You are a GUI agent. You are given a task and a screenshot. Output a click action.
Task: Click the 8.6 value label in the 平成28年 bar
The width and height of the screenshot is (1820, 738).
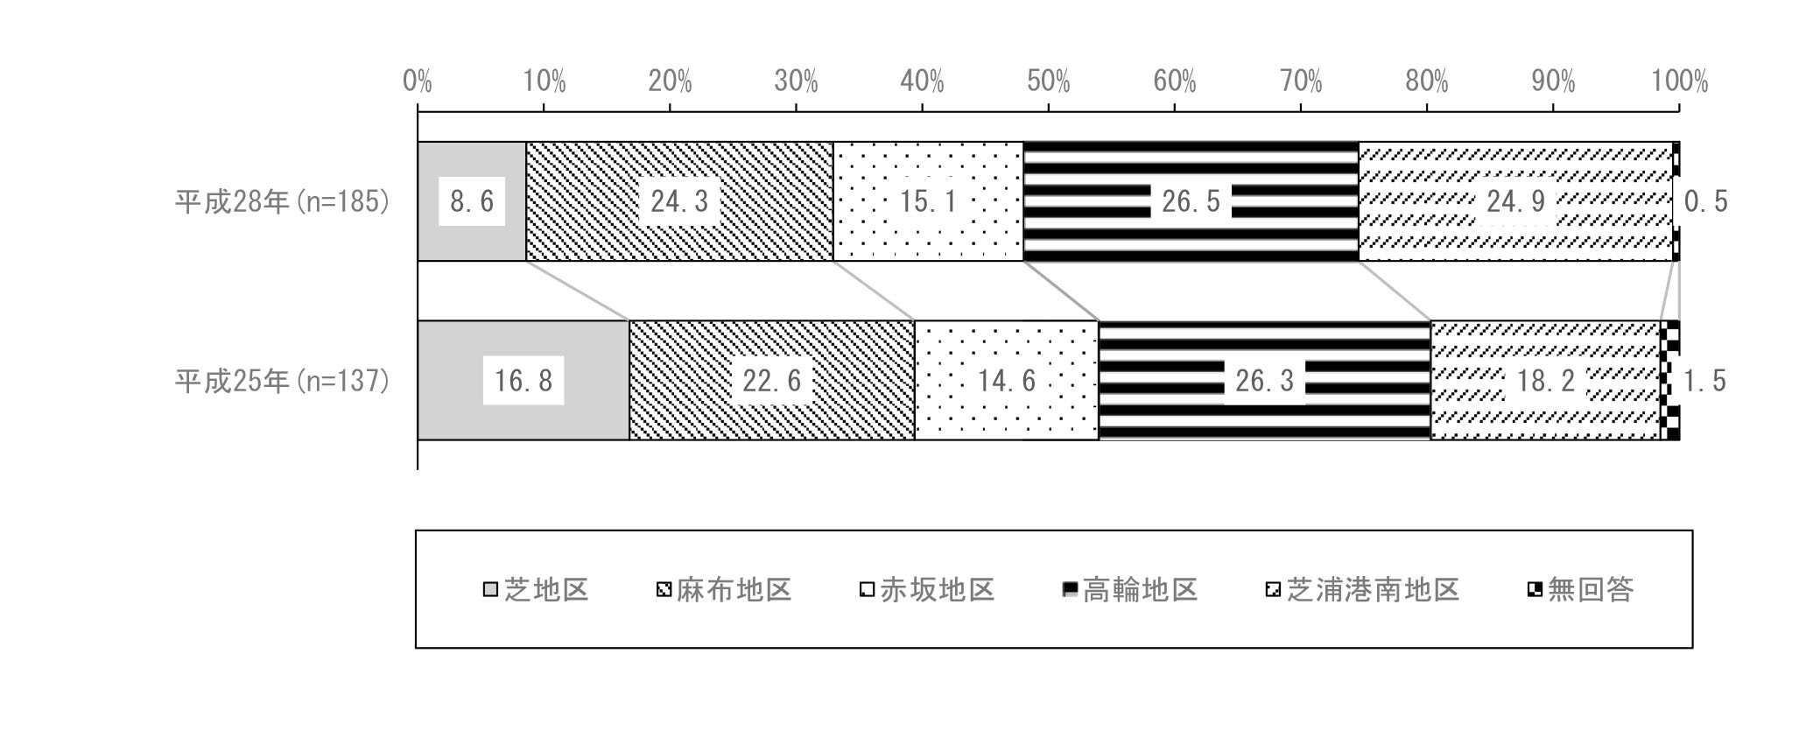(x=472, y=202)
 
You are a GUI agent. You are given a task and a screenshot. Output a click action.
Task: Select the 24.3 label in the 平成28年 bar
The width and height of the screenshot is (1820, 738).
(x=679, y=202)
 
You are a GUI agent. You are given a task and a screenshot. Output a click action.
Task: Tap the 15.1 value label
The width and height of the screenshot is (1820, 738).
(x=929, y=202)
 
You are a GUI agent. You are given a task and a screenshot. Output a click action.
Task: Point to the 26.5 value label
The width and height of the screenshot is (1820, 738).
(x=1191, y=202)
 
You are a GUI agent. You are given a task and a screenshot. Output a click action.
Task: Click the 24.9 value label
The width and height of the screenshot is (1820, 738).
(x=1515, y=202)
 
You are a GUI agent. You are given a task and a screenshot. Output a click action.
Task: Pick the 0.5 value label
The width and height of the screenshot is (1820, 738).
(x=1706, y=202)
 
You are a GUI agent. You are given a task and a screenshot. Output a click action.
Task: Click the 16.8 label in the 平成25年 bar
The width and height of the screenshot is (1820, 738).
(x=524, y=381)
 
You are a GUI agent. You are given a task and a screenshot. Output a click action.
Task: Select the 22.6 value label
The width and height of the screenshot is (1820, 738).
(x=771, y=381)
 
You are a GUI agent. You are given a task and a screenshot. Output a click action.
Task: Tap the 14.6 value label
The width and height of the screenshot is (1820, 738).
(x=1007, y=381)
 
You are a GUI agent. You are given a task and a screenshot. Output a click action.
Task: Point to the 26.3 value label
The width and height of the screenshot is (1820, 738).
(x=1264, y=381)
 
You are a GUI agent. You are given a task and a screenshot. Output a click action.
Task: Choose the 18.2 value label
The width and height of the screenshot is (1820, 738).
(x=1546, y=381)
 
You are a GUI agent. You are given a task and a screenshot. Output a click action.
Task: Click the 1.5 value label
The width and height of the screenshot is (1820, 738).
(x=1705, y=381)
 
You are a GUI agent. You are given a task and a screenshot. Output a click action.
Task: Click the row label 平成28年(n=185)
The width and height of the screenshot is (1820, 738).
(x=282, y=202)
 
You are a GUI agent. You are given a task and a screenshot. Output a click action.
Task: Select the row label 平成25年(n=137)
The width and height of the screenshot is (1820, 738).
(x=282, y=381)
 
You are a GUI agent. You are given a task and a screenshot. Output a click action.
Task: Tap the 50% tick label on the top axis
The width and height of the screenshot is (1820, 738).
(x=1049, y=82)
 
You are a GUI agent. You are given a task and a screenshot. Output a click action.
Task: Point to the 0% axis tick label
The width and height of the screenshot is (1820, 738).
(x=418, y=82)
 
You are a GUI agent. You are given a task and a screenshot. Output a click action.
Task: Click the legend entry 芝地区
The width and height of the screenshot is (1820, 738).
(x=536, y=590)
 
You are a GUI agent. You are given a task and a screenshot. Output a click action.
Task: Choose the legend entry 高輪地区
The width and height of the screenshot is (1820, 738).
(x=1130, y=590)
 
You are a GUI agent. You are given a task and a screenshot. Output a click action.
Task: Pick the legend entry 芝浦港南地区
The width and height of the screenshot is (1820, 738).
(x=1363, y=590)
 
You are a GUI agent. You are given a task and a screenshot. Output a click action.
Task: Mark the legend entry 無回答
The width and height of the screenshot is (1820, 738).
(x=1581, y=590)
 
